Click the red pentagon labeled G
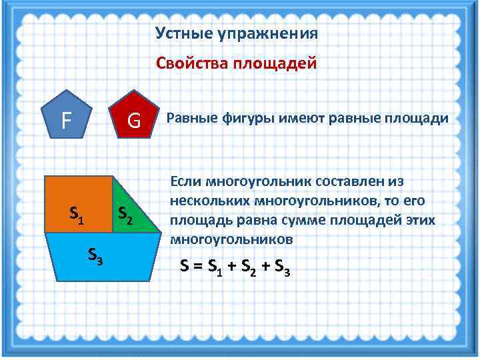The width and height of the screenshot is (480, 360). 134,119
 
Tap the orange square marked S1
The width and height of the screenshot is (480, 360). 79,204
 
